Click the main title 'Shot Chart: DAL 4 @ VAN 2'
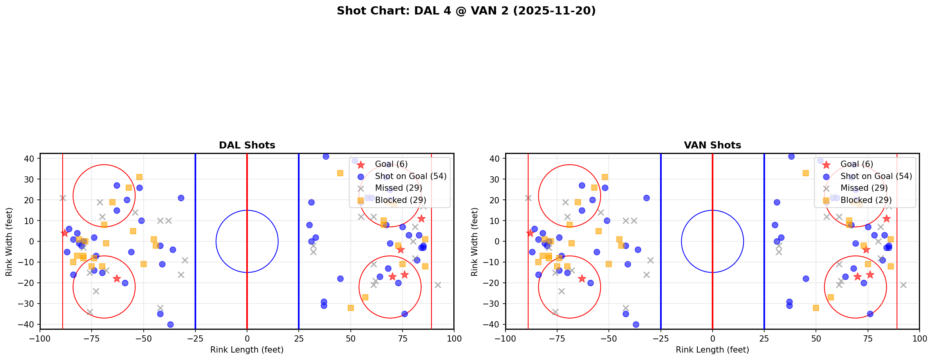coord(466,11)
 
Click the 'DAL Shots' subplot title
coord(247,145)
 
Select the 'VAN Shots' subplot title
coord(712,145)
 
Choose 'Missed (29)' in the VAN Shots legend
coord(864,188)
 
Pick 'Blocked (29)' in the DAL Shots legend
coord(400,200)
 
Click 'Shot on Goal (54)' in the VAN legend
coord(876,176)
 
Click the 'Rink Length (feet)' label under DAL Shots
coord(247,350)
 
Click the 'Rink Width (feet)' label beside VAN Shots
coord(475,241)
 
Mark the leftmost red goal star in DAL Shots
coord(65,233)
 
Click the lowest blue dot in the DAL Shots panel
coord(170,324)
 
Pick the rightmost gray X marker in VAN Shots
coord(903,285)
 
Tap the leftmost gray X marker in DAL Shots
coord(63,198)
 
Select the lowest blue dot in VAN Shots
coord(636,324)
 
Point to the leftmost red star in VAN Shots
coord(530,233)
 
